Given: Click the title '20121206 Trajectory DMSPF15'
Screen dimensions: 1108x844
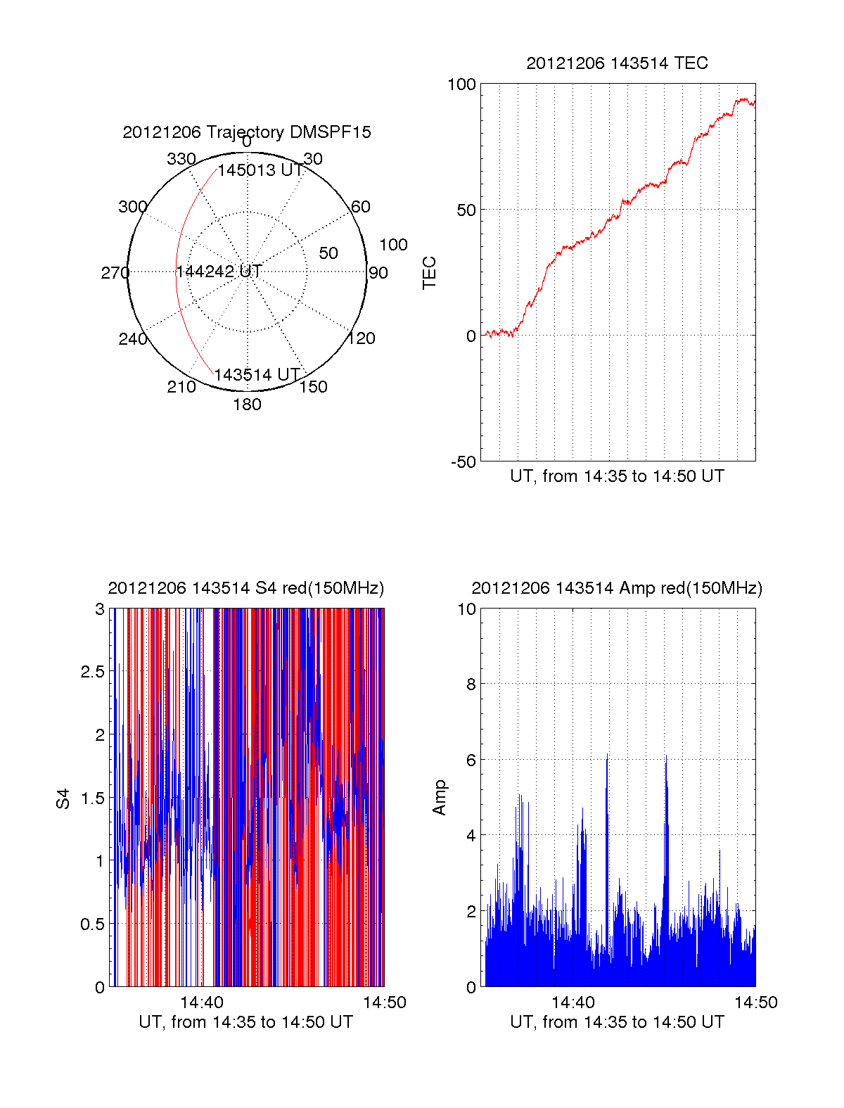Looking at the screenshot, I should pos(247,132).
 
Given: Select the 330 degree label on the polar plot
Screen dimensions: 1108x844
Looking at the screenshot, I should pos(181,159).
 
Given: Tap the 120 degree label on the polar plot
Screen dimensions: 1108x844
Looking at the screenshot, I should pos(362,338).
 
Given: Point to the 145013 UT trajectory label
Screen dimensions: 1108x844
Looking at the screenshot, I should pos(260,170).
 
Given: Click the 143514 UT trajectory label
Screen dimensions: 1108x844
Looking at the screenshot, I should pos(257,375).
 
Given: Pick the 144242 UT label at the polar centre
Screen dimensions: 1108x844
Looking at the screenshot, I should pos(219,272).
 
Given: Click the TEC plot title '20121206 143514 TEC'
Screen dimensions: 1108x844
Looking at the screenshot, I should pos(617,63).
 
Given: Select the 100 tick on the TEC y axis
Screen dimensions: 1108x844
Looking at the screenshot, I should pos(462,84).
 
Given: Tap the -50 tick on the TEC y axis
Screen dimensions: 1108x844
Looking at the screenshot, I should pos(463,462).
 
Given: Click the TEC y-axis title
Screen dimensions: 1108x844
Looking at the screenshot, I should pos(429,272).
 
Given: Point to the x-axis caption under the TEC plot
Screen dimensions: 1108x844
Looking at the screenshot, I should pos(617,476).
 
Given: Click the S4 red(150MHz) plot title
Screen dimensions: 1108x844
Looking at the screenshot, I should pos(246,588).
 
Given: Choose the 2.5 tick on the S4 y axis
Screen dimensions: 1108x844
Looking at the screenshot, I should pos(93,672).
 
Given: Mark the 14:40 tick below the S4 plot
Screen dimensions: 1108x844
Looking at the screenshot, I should pos(202,1002).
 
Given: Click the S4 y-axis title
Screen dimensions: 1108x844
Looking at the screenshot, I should pos(63,798).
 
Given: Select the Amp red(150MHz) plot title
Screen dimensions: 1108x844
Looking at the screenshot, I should pos(617,588).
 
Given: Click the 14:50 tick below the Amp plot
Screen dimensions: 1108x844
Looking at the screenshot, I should pos(756,1002).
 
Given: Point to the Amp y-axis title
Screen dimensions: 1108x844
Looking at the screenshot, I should pos(440,798).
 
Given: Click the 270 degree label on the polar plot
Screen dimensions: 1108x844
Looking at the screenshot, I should pos(115,273).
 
